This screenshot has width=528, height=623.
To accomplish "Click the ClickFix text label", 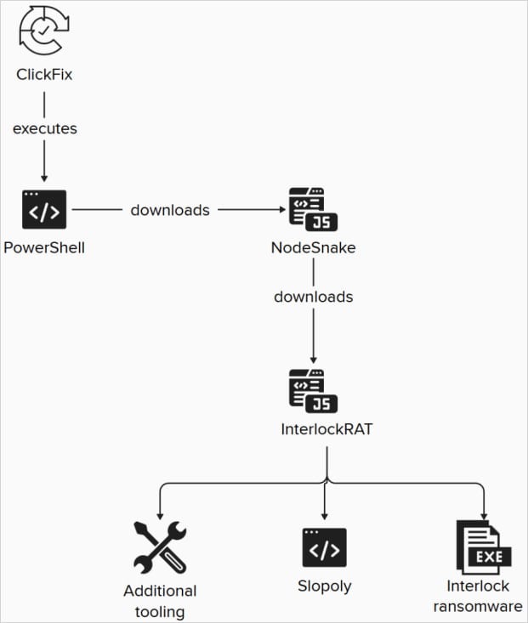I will (44, 75).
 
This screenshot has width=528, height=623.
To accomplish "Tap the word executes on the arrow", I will (44, 129).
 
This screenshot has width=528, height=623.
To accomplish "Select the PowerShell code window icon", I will (44, 210).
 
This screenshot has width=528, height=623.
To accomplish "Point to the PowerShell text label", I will (44, 247).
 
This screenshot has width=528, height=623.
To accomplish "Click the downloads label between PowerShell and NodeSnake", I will (170, 210).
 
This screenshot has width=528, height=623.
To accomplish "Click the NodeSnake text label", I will (313, 247).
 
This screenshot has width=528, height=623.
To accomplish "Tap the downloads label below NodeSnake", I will (313, 297).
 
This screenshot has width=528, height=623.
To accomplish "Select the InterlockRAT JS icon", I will (313, 391).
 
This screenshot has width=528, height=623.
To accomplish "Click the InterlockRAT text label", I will (326, 429).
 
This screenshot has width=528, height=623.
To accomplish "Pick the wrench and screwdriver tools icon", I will (159, 547).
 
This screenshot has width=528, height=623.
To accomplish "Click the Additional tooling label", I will (160, 600).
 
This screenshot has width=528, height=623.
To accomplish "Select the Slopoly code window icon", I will (325, 547).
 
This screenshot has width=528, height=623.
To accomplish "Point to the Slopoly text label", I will (325, 586).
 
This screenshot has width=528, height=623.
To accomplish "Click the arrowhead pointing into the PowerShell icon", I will (44, 178).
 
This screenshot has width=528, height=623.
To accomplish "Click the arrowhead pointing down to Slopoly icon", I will (325, 515).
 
